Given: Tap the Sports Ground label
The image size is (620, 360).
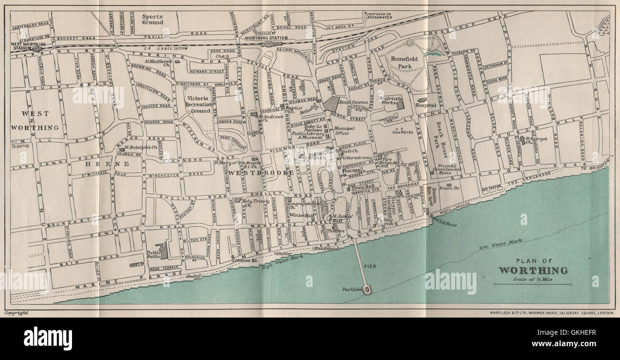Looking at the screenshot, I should (153, 19).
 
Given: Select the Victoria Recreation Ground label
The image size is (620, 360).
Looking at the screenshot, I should (198, 101).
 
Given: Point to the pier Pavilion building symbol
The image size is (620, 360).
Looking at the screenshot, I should (367, 289).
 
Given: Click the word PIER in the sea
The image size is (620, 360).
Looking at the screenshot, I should (371, 267).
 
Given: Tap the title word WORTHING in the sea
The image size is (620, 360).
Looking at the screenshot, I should (533, 271).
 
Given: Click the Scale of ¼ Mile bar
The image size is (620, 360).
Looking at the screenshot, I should (533, 284).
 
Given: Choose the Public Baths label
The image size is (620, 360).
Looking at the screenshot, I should (154, 256).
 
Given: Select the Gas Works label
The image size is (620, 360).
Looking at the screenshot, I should (402, 132).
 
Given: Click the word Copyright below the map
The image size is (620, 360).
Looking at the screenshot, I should (16, 313).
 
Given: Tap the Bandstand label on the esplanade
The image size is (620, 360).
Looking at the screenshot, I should (324, 249).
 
